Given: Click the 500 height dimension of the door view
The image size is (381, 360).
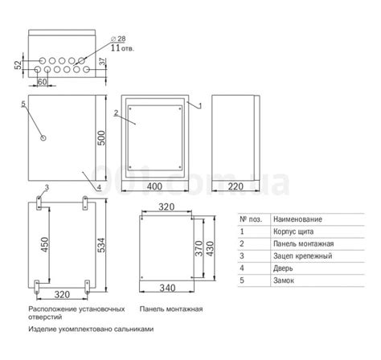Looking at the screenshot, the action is click(101, 137).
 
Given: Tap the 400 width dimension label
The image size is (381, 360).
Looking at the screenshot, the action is click(154, 186).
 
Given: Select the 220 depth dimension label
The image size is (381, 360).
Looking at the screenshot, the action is click(236, 186).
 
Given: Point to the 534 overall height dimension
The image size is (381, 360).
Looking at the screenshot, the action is click(101, 245).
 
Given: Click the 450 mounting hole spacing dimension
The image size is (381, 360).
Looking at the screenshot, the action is click(44, 244).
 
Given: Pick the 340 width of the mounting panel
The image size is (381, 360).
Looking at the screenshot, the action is click(167, 288).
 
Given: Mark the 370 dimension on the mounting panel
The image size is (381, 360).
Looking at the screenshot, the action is click(199, 248).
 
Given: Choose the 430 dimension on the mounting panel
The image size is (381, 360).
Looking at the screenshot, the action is click(210, 248).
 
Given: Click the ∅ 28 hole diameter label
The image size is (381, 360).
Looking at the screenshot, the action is click(118, 39).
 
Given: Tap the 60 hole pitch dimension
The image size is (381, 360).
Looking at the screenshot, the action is click(42, 82).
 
